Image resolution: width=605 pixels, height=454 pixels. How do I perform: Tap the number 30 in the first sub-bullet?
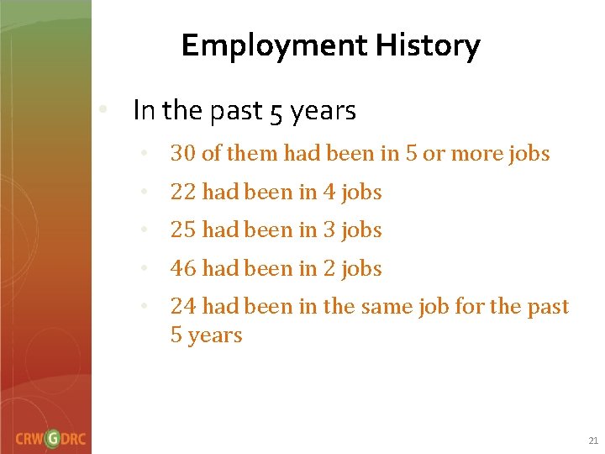tap(183, 154)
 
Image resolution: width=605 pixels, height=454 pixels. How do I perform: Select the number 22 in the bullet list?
tap(183, 193)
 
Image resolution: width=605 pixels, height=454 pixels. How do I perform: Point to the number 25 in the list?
tap(183, 230)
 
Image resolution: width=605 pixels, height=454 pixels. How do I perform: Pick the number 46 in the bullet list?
tap(183, 269)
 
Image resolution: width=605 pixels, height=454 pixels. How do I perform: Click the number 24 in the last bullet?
tap(183, 307)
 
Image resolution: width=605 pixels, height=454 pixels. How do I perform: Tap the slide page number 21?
tap(593, 441)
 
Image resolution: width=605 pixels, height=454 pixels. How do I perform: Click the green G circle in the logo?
tap(53, 438)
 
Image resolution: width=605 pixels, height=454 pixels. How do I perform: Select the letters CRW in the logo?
tap(29, 439)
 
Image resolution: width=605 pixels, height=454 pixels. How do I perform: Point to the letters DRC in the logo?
tap(75, 439)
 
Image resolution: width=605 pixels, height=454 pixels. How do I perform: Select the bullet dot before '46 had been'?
tap(145, 269)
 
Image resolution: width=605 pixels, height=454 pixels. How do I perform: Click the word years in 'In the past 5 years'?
tap(324, 111)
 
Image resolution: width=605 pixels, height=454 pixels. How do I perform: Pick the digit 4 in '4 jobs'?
tap(329, 193)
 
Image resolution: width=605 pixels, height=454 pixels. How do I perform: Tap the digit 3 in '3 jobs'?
tap(329, 230)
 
